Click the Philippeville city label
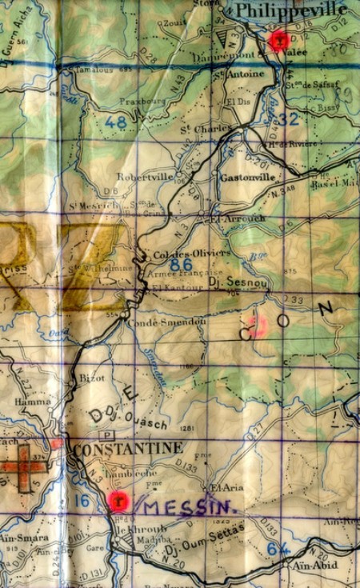(289, 10)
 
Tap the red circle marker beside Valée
(279, 40)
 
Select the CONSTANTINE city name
(128, 449)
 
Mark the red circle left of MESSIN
(118, 501)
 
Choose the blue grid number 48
(115, 122)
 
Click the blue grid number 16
(82, 500)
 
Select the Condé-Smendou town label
(166, 321)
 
